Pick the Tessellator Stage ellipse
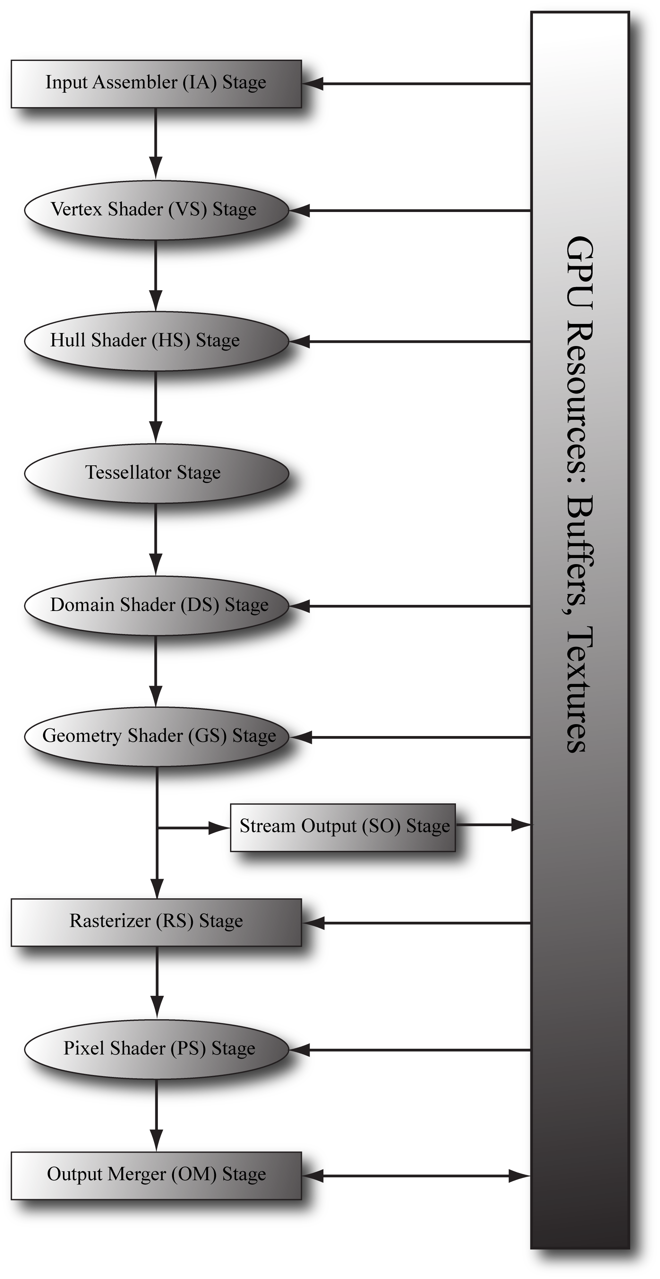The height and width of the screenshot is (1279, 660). coord(156,473)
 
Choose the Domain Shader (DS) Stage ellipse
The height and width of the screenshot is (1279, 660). coord(156,605)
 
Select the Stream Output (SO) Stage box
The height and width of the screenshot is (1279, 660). coord(343,827)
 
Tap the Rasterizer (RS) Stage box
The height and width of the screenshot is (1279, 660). coord(156,922)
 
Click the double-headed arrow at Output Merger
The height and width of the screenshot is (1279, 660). coord(416,1176)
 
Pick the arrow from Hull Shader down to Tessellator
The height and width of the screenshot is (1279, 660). coord(156,407)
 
